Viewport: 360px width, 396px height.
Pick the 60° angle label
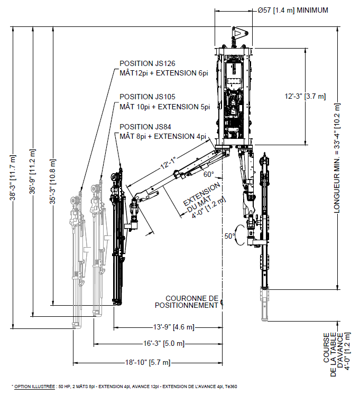(x=208, y=174)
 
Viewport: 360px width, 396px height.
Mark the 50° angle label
(x=229, y=237)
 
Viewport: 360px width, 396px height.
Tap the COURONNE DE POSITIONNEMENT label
(x=187, y=301)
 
